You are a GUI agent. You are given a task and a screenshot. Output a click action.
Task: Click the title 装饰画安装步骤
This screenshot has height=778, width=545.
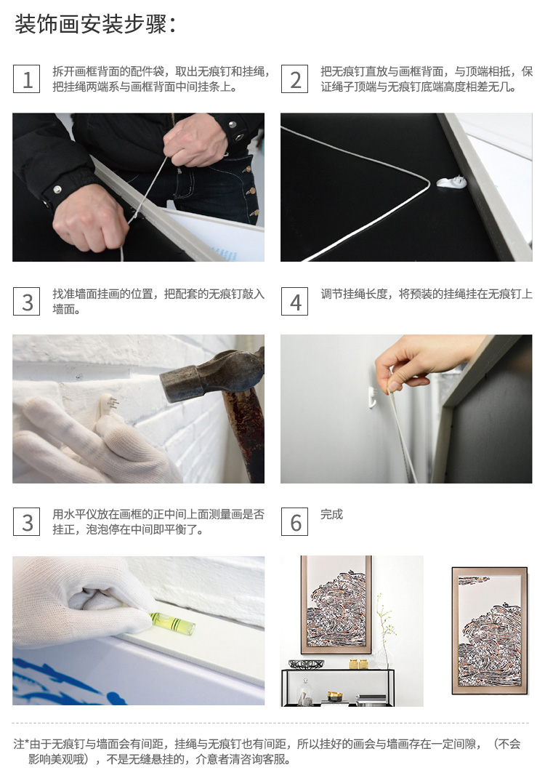tap(94, 24)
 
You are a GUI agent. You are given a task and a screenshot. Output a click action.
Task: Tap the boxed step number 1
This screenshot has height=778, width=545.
tap(26, 79)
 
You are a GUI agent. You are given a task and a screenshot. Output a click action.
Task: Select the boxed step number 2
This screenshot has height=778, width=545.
tap(294, 79)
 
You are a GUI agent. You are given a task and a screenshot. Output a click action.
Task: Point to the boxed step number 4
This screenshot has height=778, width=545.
tap(294, 301)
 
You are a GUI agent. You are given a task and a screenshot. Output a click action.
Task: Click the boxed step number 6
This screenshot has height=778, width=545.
tap(294, 521)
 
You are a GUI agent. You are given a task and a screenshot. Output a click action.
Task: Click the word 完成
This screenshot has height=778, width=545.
tap(332, 514)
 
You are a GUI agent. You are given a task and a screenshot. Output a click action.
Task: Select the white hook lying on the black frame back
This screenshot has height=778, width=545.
tap(452, 182)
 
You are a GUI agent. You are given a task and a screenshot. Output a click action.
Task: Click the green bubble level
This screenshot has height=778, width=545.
tap(172, 622)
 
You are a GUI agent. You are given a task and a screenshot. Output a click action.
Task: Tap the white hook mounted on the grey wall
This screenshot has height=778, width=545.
tap(373, 398)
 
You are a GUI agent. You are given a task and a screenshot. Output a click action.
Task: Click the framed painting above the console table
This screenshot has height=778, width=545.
tap(336, 603)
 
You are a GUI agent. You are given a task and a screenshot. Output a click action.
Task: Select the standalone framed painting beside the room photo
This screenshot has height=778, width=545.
tap(490, 630)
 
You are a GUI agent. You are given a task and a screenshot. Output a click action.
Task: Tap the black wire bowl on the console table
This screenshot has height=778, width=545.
tap(306, 663)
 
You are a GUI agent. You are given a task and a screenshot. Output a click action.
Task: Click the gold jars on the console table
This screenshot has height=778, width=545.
tap(359, 664)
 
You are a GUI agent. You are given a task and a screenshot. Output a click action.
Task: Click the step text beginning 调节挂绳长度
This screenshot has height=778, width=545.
tap(427, 294)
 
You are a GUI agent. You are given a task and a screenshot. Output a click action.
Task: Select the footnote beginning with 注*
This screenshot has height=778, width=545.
tap(267, 751)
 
